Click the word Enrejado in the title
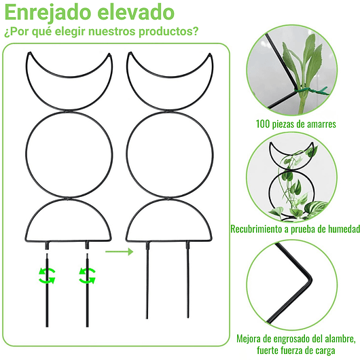click(48, 12)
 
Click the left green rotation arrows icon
click(47, 276)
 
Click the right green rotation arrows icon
click(87, 276)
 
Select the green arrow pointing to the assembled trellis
click(119, 251)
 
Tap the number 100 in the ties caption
click(264, 124)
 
